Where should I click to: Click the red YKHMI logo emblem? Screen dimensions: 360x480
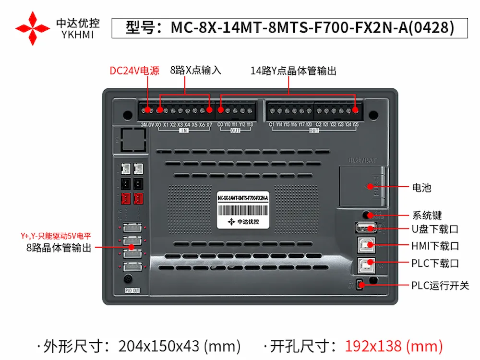coord(33,28)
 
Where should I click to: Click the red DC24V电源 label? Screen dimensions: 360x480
coord(134,71)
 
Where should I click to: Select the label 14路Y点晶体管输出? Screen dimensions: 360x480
coord(293,71)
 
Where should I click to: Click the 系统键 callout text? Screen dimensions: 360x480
coord(427,216)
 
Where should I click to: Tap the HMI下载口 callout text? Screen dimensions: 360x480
coord(435,246)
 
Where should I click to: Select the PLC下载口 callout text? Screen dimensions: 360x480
coord(435,263)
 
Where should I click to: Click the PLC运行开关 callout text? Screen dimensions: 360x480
coord(440,286)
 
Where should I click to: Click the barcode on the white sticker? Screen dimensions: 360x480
coord(242,210)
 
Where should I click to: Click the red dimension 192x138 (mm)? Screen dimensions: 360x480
coord(394,346)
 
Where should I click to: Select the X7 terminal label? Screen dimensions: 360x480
coord(209,125)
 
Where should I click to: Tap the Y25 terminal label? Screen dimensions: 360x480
coord(355,125)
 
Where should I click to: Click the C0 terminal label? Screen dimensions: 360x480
coord(220,125)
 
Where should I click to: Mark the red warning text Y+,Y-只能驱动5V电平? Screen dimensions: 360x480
coord(56,236)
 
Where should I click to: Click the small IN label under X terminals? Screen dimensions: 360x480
coord(184,131)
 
